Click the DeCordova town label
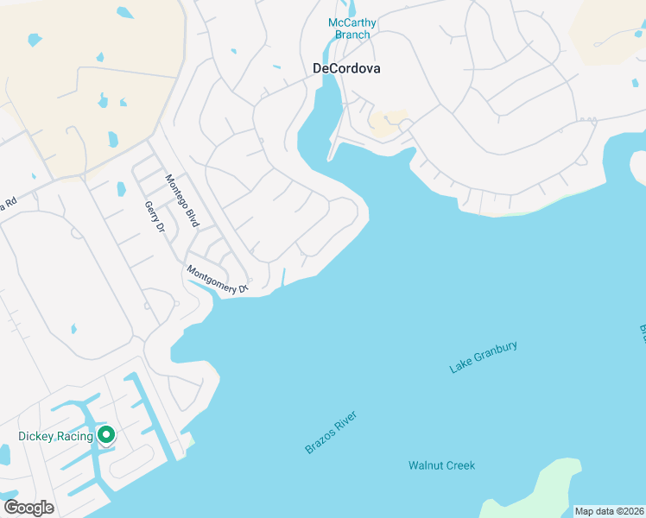pyautogui.click(x=345, y=68)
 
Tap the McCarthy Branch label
pyautogui.click(x=352, y=28)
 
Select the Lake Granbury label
pyautogui.click(x=483, y=357)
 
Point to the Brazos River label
pyautogui.click(x=330, y=433)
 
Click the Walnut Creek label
pyautogui.click(x=441, y=465)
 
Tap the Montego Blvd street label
pyautogui.click(x=182, y=199)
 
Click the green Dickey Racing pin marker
pyautogui.click(x=105, y=435)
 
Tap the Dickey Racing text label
pyautogui.click(x=55, y=436)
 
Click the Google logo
pyautogui.click(x=28, y=508)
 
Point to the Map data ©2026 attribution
pyautogui.click(x=609, y=511)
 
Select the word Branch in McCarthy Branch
pyautogui.click(x=352, y=35)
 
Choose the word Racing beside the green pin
pyautogui.click(x=75, y=436)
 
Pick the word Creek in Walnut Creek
pyautogui.click(x=460, y=465)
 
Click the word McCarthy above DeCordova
pyautogui.click(x=352, y=22)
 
